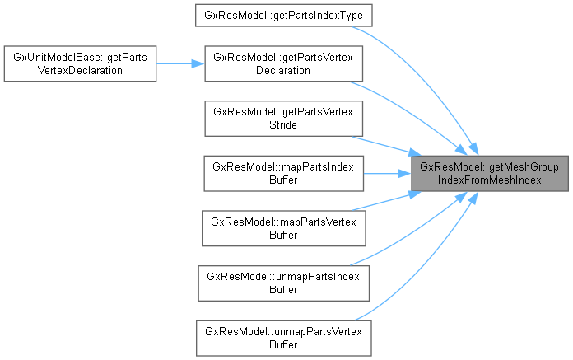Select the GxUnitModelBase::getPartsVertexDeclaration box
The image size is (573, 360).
point(80,63)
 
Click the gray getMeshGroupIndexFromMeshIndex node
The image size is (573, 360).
point(489,173)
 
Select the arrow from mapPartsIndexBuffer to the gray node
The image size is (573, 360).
point(387,173)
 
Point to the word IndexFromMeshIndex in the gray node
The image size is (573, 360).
point(489,180)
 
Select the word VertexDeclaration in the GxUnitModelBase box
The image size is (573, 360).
point(80,70)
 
